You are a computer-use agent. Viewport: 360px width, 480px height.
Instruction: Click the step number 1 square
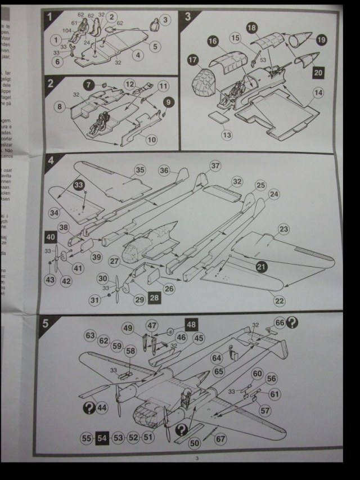coord(49,16)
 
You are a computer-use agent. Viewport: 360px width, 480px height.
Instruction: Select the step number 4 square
coord(51,160)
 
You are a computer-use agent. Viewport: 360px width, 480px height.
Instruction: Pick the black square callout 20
coord(318,72)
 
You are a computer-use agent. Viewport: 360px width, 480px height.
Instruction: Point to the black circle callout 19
coord(321,40)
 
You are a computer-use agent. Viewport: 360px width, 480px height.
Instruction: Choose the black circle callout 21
coord(260,268)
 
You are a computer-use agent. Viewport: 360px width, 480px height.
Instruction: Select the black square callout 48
coord(192,324)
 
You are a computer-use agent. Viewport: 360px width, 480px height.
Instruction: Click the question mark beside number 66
coord(292,322)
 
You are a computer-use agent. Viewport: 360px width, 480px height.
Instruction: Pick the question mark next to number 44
coord(88,407)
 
